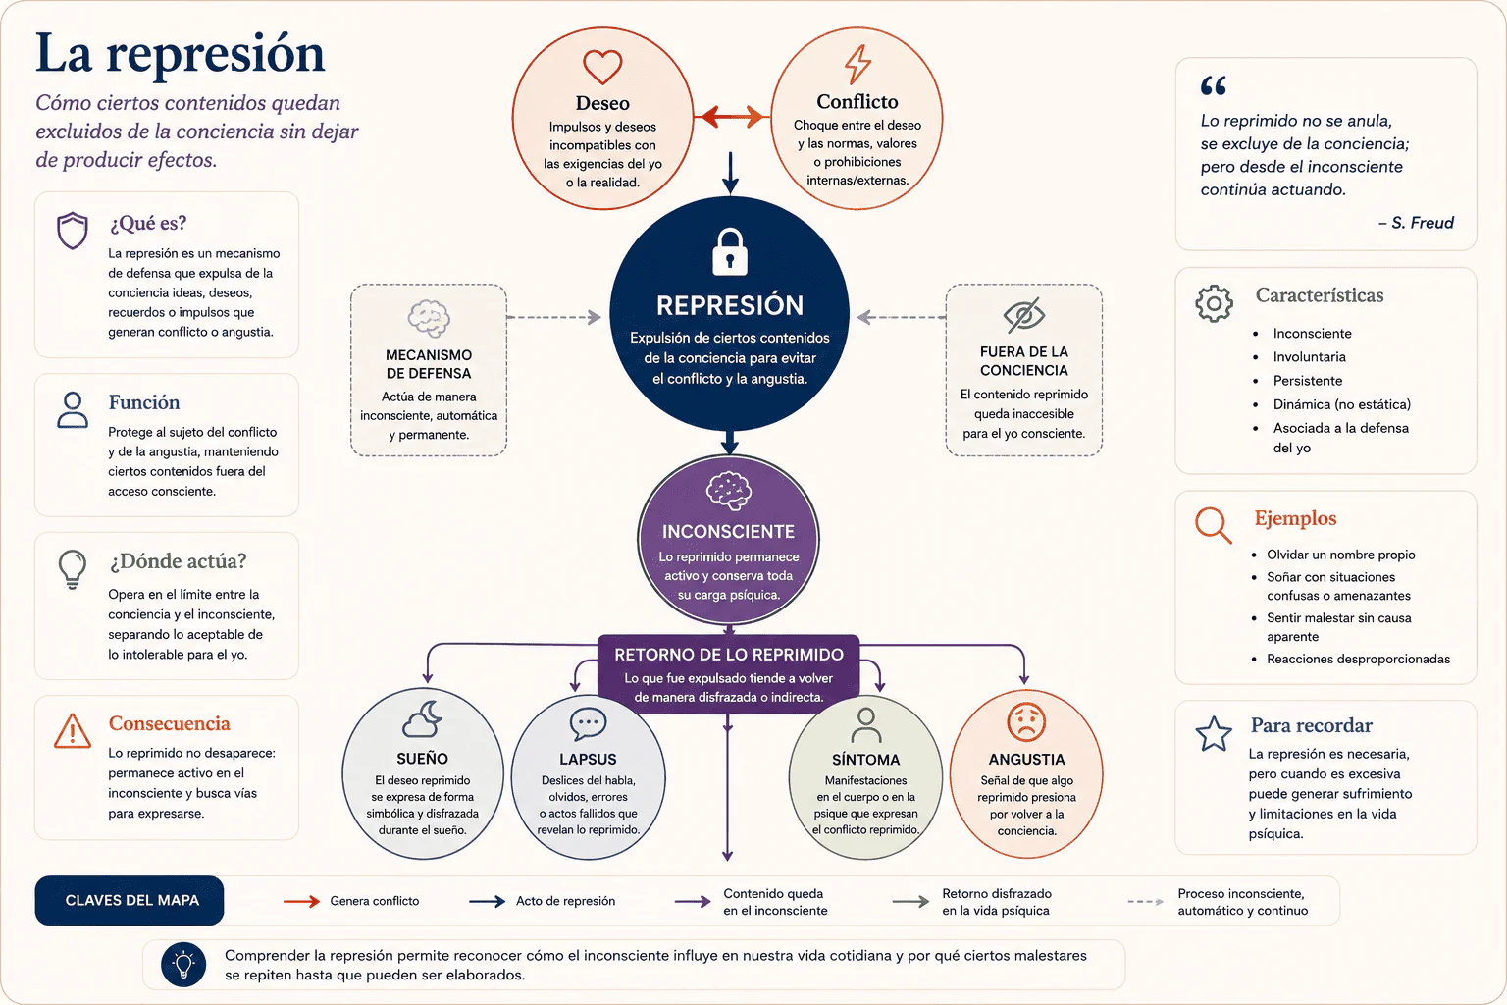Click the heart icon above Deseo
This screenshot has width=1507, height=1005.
coord(602,67)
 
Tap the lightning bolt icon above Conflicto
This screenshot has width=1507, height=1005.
coord(857,65)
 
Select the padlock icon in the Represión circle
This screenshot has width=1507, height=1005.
coord(730,252)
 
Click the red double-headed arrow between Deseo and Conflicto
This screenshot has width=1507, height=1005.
coord(732,117)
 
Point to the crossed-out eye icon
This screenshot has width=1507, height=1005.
coord(1024,315)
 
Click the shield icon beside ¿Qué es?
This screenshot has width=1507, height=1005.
coord(73,231)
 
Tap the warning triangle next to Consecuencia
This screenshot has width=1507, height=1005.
coord(73,731)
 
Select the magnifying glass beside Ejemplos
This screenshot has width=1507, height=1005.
coord(1213,525)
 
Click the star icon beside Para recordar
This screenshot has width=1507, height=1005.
coord(1214,734)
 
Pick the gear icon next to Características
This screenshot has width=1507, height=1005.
coord(1214,303)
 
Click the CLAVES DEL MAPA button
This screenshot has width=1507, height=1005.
coord(130,900)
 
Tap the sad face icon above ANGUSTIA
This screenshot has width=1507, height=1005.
coord(1026,722)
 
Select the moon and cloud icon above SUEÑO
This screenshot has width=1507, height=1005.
coord(423,719)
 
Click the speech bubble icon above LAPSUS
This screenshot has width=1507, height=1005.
coord(588,723)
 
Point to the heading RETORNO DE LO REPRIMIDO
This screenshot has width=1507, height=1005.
coord(729,655)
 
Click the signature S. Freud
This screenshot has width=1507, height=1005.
coord(1416,223)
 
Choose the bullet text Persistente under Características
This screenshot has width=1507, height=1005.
coord(1307,381)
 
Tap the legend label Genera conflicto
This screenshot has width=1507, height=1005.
coord(374,901)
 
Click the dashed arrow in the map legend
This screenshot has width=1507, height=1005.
coord(1145,901)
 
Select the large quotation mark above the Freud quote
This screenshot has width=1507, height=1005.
coord(1213,85)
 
